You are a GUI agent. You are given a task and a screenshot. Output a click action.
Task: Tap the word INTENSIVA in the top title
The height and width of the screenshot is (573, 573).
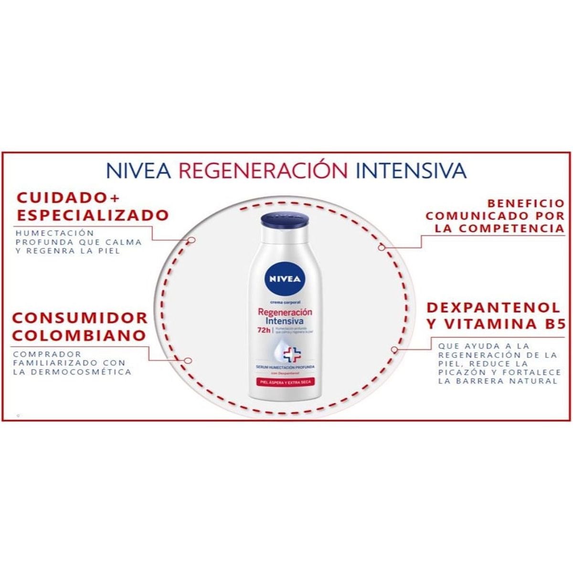coord(411,170)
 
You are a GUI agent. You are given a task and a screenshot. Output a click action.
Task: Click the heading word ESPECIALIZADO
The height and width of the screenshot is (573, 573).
coord(93,215)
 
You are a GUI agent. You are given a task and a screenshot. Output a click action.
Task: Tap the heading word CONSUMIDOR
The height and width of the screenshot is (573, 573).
coord(80,318)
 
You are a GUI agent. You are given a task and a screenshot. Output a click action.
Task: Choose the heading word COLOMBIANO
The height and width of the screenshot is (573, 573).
coord(79,335)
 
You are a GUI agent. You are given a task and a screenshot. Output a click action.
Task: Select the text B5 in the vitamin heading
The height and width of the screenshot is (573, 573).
coord(554,324)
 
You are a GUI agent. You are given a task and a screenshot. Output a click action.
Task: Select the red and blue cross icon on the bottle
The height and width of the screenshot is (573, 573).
coord(292,354)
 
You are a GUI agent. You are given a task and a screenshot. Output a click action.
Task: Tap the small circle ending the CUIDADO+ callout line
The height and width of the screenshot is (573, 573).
coord(191,240)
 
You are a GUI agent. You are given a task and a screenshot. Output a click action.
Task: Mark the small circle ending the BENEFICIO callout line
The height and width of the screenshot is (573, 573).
coord(381,247)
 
